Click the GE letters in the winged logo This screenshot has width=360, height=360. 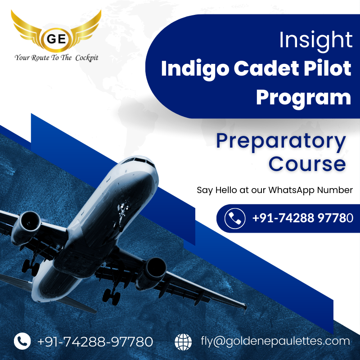point(56,39)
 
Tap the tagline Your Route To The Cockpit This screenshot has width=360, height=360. point(57,58)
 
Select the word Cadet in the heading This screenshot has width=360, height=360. point(266,68)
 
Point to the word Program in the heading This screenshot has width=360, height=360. point(303,98)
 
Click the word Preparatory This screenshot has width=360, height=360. point(281,141)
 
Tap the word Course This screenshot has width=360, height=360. point(307,164)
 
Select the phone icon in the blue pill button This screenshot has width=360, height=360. point(235,218)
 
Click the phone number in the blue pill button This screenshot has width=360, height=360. point(302,218)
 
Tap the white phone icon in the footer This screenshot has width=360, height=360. point(22,341)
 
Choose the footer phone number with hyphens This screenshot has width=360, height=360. point(95,342)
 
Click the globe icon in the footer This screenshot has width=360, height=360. point(183,342)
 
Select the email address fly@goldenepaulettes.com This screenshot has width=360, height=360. point(275,342)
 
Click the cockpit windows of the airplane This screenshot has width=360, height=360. point(139,161)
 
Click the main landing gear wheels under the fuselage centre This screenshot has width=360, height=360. point(112,296)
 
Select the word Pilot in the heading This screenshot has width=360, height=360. point(328,68)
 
